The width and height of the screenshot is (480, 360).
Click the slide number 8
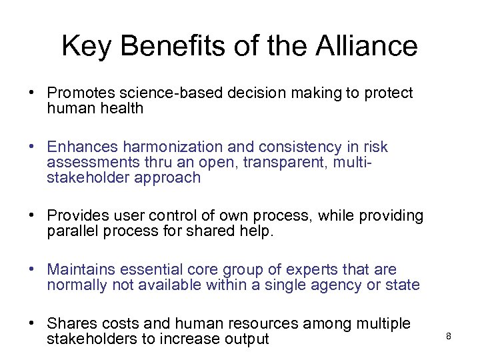click(449, 336)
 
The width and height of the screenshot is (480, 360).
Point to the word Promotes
click(79, 93)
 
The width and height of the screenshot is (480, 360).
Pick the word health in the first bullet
click(122, 108)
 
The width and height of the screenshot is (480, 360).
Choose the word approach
click(169, 177)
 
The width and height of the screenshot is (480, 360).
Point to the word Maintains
click(81, 269)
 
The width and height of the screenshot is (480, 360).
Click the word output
click(246, 339)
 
